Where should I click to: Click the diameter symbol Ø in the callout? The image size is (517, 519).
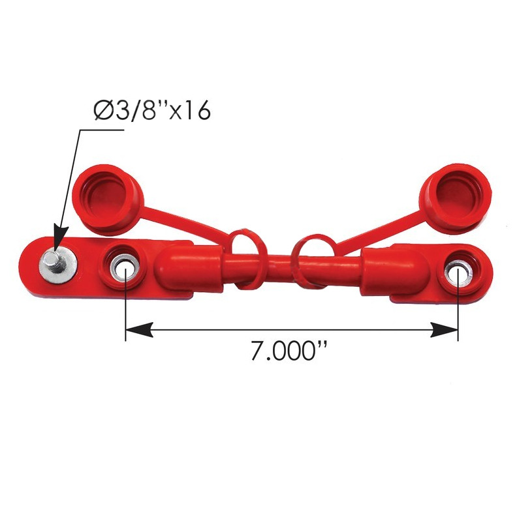[104, 111]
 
